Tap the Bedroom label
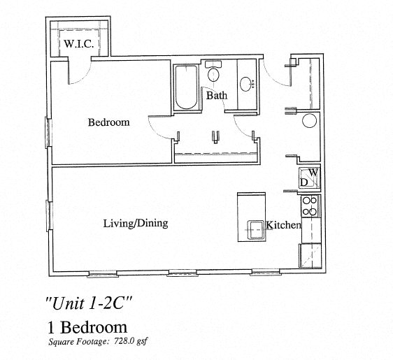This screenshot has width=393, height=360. (108, 122)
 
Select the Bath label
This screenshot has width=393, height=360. (215, 95)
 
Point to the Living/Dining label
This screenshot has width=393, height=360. (135, 224)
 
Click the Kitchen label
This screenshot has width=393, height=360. (283, 225)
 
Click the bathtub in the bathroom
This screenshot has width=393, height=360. (187, 88)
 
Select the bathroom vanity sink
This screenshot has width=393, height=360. (247, 85)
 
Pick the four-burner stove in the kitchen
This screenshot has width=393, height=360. (309, 206)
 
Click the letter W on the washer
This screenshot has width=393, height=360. (313, 172)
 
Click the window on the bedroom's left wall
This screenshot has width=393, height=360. (49, 130)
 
